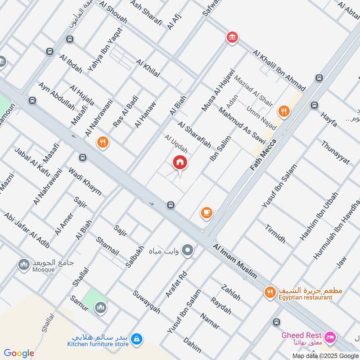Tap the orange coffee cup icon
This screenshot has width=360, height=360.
click(x=207, y=213)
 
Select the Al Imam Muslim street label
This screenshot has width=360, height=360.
click(x=235, y=261)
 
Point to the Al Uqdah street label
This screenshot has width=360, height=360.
click(x=176, y=143)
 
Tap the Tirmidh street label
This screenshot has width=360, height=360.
click(x=275, y=233)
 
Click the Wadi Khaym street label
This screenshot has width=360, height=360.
click(x=85, y=181)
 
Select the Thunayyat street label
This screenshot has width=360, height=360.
click(x=335, y=153)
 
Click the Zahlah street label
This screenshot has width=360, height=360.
click(x=231, y=292)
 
